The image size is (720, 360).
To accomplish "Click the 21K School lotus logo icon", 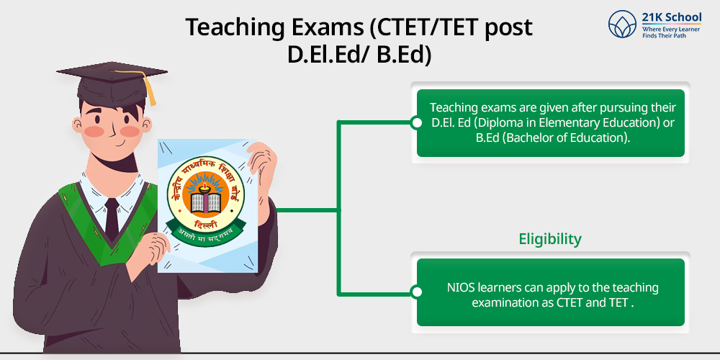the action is point(623,24).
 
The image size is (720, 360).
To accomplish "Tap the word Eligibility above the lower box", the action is point(550,239).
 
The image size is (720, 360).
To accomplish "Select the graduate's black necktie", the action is point(112,219).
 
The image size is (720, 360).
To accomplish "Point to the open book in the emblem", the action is point(206,203).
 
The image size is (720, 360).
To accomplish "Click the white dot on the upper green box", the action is point(417,122).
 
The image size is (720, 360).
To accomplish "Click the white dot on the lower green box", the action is point(417,292).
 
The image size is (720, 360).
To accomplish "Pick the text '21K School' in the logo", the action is point(671,18).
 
